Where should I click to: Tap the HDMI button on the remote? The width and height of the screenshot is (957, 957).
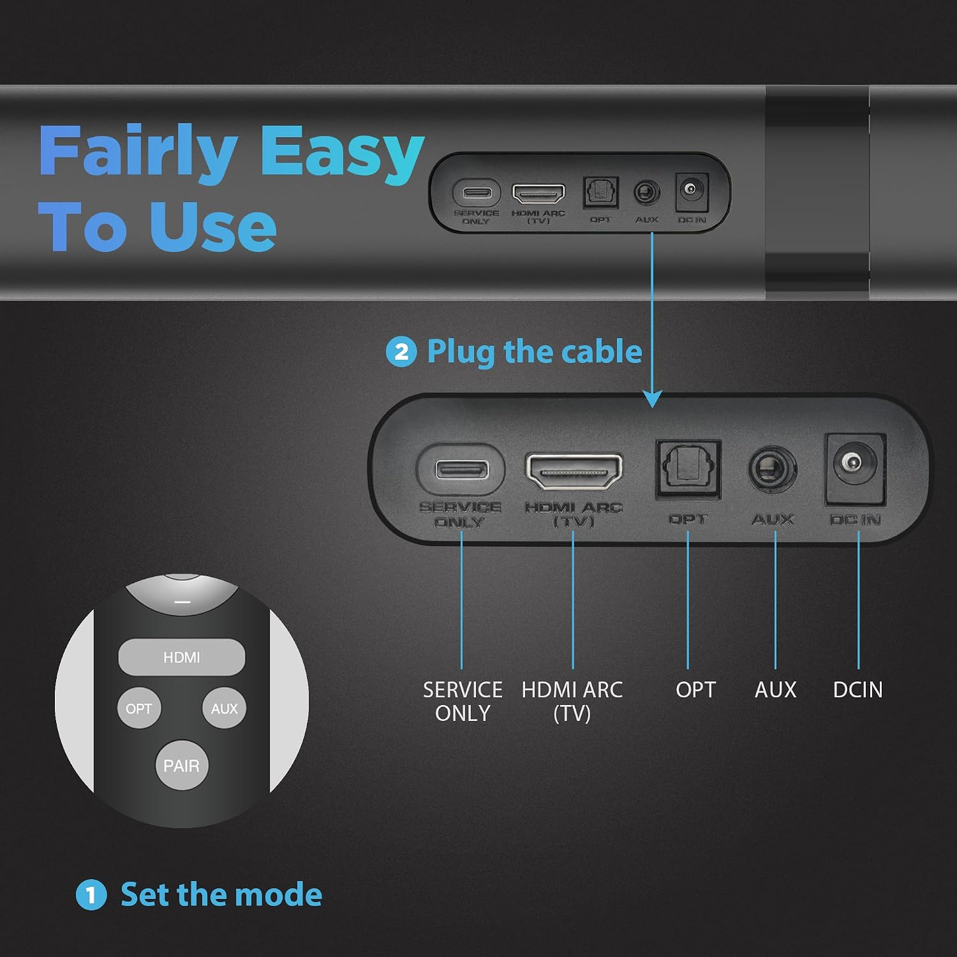[x=182, y=657]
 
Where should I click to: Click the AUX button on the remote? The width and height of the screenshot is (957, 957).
[x=224, y=708]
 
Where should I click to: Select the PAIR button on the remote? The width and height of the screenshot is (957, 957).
[x=182, y=765]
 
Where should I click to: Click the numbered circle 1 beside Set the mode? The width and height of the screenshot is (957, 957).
[x=91, y=894]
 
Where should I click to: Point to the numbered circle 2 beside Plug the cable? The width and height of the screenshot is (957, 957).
[x=401, y=352]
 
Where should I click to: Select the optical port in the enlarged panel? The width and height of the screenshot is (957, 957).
[x=688, y=470]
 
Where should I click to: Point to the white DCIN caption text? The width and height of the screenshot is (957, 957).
[x=858, y=690]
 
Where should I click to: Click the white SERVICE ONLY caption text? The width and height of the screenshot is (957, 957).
[x=463, y=701]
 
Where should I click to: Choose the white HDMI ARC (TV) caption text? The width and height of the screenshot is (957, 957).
[x=572, y=701]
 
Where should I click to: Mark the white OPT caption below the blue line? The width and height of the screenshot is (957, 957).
[x=695, y=690]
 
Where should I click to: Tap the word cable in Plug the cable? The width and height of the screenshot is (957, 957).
[x=602, y=352]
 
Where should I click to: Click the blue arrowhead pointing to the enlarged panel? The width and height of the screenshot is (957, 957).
[x=652, y=399]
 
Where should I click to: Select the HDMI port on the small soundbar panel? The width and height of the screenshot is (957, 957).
[x=538, y=193]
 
